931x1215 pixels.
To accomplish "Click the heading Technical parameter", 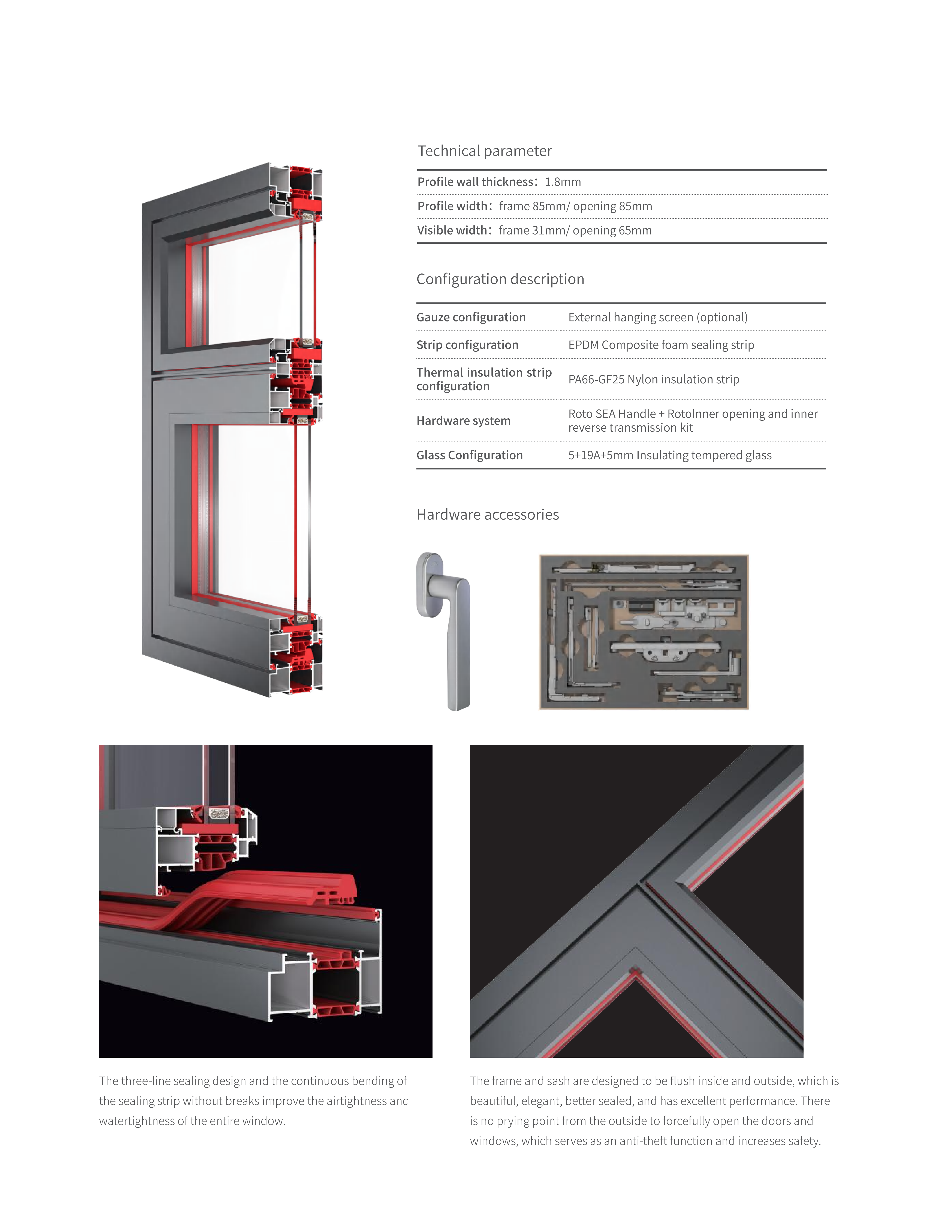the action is (x=484, y=151).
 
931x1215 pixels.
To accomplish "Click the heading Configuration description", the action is (x=500, y=279).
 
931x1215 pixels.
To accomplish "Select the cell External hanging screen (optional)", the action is (x=658, y=317).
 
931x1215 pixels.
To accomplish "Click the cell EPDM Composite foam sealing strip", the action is (x=661, y=345).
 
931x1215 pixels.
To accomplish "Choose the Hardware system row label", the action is (x=463, y=421).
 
